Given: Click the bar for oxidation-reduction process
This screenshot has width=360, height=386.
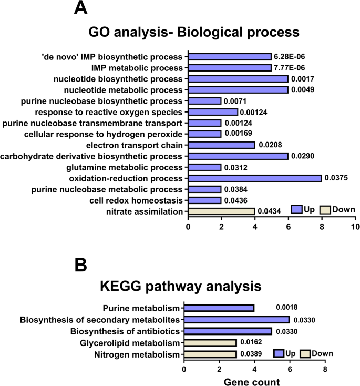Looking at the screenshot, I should point(254,178).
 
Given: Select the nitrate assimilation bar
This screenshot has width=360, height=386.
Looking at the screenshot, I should point(221,211).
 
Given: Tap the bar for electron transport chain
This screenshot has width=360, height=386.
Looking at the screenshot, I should point(221,145).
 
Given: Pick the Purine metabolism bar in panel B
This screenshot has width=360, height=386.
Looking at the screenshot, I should point(219,308).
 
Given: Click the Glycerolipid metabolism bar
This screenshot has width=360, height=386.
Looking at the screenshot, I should point(210,343).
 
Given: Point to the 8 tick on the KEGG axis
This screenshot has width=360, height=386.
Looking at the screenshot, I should point(325,370).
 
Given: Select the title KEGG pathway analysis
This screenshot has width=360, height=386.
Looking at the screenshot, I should point(180,287).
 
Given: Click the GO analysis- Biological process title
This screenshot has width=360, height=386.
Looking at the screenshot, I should point(193,32).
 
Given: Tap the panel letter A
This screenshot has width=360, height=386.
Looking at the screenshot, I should point(80,9).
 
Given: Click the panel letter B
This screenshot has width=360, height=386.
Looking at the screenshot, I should point(80,265).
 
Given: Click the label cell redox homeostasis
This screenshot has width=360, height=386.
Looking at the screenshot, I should point(137,200).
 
